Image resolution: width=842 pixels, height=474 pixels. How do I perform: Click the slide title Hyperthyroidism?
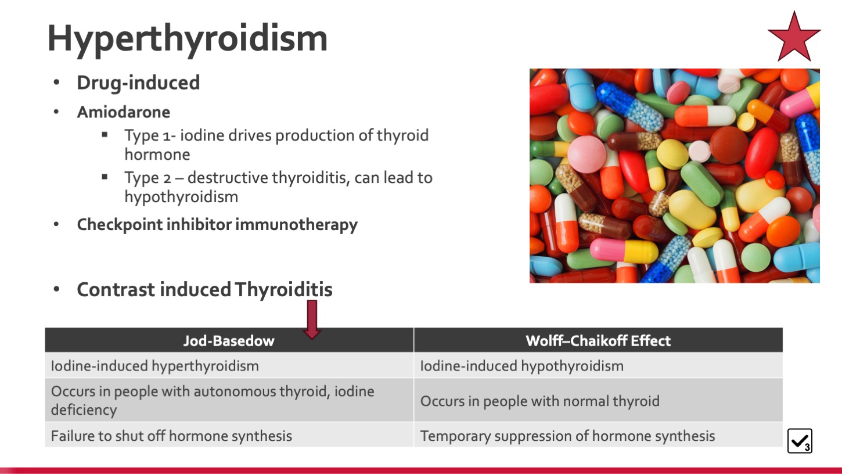click(x=187, y=39)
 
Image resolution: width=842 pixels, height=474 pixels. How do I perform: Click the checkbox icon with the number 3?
click(x=800, y=440)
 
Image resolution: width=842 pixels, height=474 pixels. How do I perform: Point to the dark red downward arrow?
click(x=312, y=319)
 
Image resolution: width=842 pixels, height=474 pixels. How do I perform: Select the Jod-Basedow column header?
click(x=229, y=340)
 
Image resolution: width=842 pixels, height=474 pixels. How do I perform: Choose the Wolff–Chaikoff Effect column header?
click(x=598, y=340)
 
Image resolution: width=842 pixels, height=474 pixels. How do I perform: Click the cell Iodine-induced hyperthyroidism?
click(x=229, y=365)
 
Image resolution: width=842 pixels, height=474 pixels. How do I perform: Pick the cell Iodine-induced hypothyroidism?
click(x=598, y=365)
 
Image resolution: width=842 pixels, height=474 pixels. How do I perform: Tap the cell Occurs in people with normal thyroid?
click(x=598, y=400)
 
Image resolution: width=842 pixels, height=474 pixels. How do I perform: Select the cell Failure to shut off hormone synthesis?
click(x=229, y=435)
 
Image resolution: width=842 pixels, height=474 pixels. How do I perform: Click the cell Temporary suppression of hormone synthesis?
click(x=598, y=435)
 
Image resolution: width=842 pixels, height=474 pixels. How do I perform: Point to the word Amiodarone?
click(x=123, y=112)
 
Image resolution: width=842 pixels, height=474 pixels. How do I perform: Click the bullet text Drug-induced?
click(x=138, y=83)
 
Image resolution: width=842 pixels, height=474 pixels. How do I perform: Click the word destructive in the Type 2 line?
click(x=228, y=177)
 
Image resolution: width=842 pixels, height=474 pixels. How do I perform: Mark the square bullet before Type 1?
click(x=105, y=134)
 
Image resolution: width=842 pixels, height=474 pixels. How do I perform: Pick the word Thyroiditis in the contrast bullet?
click(x=284, y=289)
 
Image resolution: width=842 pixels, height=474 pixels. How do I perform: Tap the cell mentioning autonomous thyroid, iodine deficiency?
click(x=229, y=400)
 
